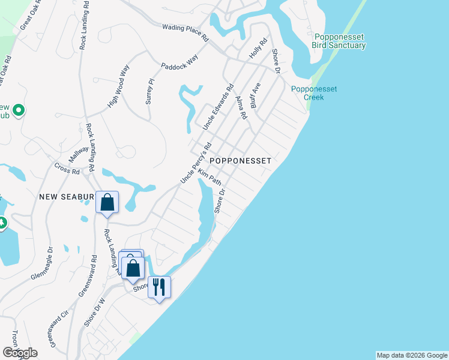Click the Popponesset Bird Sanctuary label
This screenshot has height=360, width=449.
[339, 41]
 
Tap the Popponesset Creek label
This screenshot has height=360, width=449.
[314, 93]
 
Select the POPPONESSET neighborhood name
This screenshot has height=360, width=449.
[240, 161]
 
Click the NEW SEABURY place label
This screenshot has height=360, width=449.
[67, 197]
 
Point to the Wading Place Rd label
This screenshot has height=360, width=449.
[185, 32]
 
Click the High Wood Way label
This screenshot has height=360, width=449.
[119, 86]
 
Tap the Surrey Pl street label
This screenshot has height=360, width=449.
[150, 91]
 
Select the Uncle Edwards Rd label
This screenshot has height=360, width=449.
[217, 108]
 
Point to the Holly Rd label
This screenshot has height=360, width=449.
[258, 50]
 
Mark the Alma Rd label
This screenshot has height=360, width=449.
[241, 107]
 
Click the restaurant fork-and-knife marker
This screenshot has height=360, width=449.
[159, 286]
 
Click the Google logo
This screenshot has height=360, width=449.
[19, 353]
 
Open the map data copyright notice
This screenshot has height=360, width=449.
[412, 355]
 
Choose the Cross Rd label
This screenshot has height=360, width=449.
[67, 169]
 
